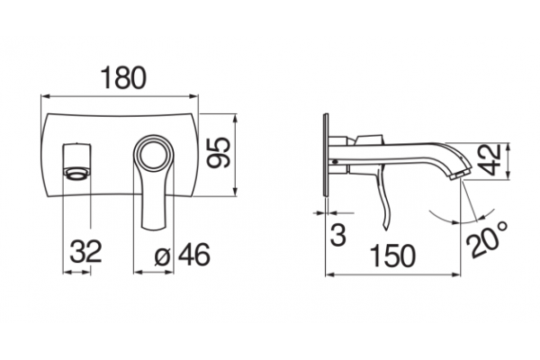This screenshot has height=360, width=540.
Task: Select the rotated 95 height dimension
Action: pos(219,153)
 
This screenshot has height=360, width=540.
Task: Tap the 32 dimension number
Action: pos(85,251)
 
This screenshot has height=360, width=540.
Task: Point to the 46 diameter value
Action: pos(193,255)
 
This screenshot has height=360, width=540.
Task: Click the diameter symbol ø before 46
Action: pos(163,256)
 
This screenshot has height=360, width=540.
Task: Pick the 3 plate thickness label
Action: pos(338,235)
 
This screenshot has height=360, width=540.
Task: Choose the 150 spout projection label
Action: pos(392,256)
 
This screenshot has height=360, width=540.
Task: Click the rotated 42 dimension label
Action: pos(491,160)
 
